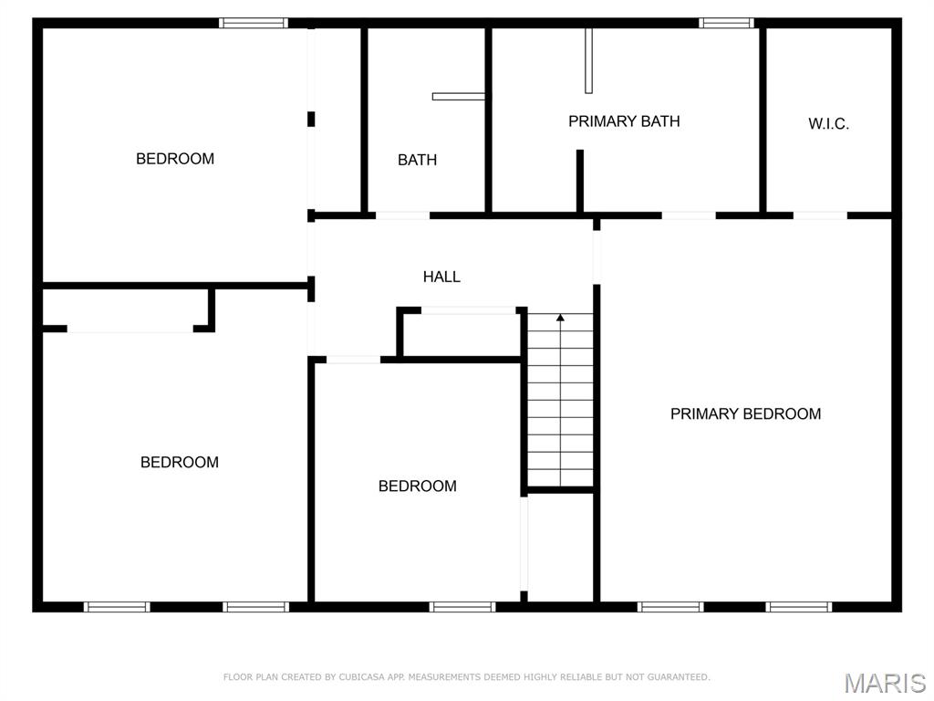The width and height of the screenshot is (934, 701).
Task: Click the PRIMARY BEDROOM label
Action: tap(745, 413)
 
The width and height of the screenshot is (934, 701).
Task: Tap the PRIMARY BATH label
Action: tap(624, 120)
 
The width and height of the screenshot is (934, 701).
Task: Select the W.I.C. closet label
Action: tap(828, 124)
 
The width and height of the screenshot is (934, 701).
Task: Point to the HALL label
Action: tap(441, 277)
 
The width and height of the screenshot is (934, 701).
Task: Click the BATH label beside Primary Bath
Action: tap(417, 160)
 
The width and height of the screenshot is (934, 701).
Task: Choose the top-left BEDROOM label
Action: tap(175, 159)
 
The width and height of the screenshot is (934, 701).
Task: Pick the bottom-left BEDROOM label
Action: tap(180, 462)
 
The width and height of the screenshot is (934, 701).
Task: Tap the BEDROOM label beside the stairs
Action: tap(417, 486)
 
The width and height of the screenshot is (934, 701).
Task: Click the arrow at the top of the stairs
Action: tap(560, 318)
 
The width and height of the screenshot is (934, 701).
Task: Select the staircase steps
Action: tap(560, 402)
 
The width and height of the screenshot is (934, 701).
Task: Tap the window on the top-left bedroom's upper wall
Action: tap(254, 23)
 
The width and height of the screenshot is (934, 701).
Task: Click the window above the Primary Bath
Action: tap(727, 23)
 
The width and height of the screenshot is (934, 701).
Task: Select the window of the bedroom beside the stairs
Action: tap(462, 606)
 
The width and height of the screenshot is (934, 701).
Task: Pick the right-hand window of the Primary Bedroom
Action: tap(799, 606)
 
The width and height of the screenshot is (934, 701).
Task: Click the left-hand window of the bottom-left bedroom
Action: tap(117, 606)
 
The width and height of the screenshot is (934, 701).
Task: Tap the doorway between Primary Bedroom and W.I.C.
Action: tap(820, 215)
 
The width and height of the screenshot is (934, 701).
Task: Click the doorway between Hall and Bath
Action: tap(402, 215)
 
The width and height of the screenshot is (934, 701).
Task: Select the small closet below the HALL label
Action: tap(462, 334)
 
